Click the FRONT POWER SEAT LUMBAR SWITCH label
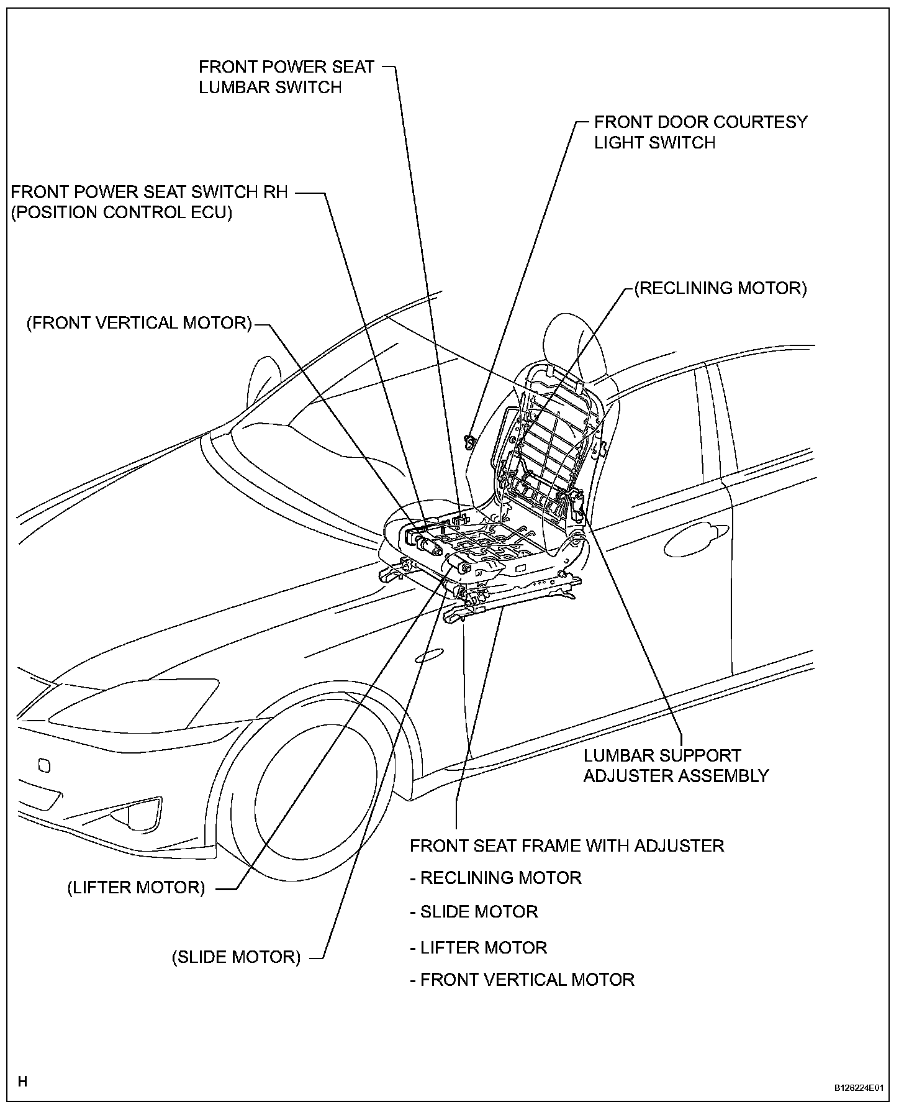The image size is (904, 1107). click(286, 76)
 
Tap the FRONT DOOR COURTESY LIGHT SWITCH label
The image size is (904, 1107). click(700, 132)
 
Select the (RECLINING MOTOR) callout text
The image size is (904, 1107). click(720, 288)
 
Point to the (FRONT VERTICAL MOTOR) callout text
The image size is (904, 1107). click(139, 323)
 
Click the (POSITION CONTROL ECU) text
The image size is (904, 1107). click(122, 212)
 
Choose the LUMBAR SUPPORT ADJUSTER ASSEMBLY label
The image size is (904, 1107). click(676, 765)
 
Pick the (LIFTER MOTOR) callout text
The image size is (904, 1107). click(136, 887)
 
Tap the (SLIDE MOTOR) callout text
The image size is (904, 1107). click(236, 957)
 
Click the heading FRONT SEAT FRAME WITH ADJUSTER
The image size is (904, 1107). click(567, 845)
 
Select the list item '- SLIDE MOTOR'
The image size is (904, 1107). click(474, 912)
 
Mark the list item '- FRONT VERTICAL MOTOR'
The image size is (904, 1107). click(522, 980)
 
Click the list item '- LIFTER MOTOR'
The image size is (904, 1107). click(479, 947)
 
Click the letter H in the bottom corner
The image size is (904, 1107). click(22, 1082)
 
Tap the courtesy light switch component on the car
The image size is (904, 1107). click(470, 441)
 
